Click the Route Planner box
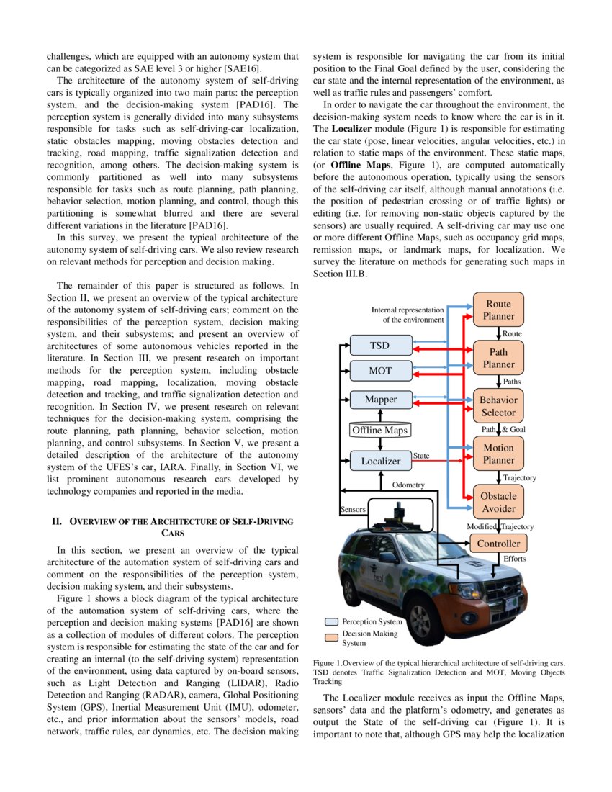498,310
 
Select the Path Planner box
498,358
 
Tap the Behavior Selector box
498,406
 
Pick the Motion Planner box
498,454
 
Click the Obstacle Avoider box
498,503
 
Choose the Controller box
498,544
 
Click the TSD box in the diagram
380,346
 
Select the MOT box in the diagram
380,371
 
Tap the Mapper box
380,399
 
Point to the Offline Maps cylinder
379,430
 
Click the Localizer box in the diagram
380,460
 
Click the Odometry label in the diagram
408,485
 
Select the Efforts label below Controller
514,559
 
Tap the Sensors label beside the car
353,509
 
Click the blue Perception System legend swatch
331,621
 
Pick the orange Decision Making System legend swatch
331,636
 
